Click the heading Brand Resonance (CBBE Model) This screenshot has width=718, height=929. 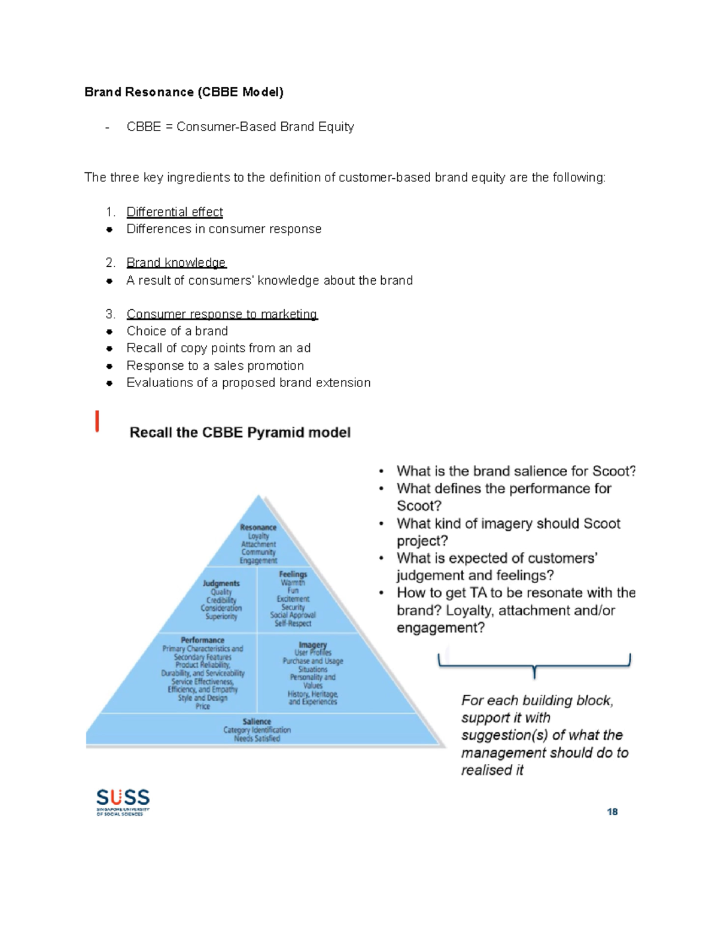pos(184,92)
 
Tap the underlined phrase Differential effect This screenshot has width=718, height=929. pos(175,212)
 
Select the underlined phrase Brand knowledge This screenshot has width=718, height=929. pos(176,263)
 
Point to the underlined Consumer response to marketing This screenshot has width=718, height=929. pos(221,314)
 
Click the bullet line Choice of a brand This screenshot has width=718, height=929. pos(177,331)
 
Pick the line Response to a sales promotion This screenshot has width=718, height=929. pos(215,365)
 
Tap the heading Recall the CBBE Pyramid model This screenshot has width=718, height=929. pos(240,432)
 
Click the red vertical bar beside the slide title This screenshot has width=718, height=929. pos(97,421)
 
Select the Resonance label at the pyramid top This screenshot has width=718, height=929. pos(258,528)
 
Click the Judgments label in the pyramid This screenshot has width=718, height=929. pos(221,583)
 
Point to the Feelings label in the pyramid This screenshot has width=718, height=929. pos(293,574)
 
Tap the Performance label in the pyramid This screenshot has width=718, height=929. pos(202,640)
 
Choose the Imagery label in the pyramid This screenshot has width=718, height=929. pos(313,645)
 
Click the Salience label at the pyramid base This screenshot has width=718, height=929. pos(257,721)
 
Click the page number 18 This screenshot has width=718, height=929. pos(612,812)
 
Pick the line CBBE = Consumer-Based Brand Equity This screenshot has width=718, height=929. pos(240,127)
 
